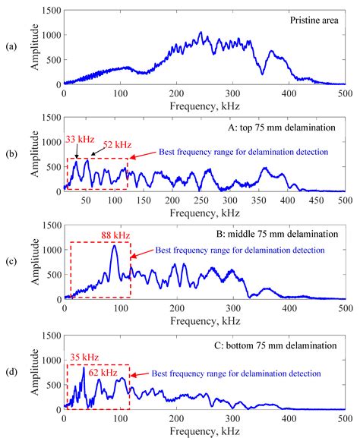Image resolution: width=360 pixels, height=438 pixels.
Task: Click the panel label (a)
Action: [11, 48]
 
